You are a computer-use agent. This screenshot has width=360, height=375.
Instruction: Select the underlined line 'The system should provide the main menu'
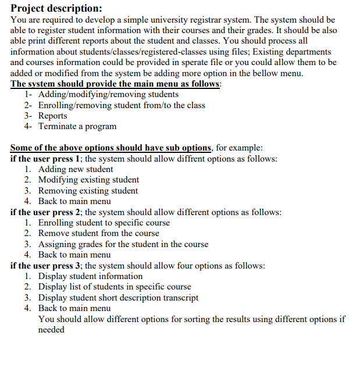coord(116,84)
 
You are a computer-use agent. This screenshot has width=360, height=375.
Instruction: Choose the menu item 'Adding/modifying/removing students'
coord(108,94)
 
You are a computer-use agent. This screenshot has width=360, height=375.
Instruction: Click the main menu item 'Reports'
coord(53,116)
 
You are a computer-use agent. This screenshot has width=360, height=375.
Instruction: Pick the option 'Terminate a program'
coord(77,126)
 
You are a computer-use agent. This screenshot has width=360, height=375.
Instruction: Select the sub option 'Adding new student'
coord(76,169)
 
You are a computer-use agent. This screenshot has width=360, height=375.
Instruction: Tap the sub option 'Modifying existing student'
coord(88,180)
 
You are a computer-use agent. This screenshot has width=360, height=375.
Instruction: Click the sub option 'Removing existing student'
coord(88,191)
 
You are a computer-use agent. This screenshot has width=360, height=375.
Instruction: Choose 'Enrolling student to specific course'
coord(104,223)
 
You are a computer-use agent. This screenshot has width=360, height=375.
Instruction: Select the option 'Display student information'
coord(90,276)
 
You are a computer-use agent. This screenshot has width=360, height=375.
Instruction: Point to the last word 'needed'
coord(51,330)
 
